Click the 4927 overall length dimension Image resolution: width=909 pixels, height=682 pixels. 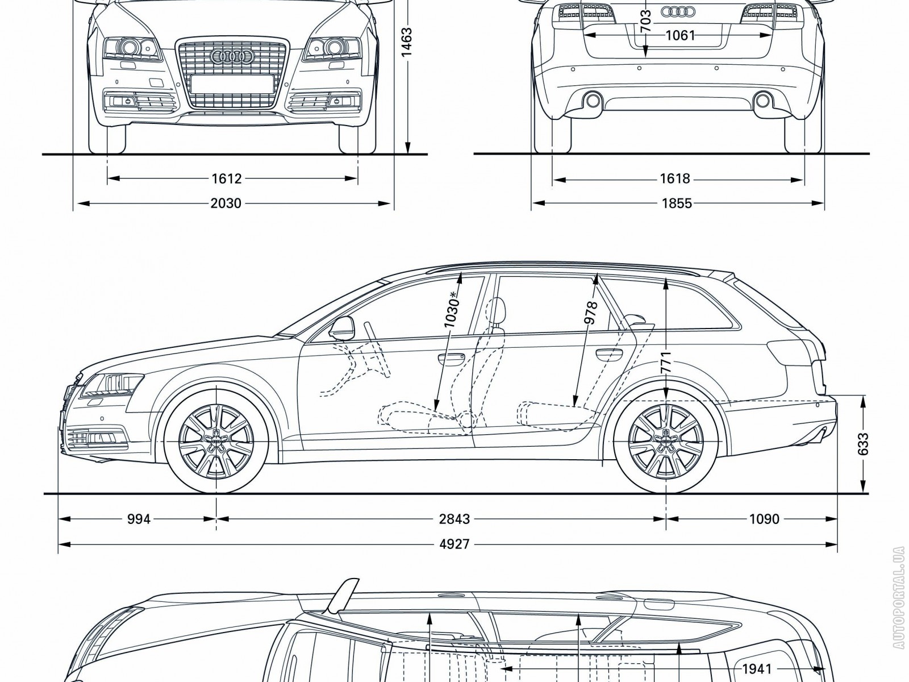[454, 544]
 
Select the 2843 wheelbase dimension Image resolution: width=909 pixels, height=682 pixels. [454, 519]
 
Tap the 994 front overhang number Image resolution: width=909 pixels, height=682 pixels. [139, 519]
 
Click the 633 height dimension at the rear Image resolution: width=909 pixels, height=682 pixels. [864, 444]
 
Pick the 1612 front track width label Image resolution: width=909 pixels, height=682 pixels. [227, 178]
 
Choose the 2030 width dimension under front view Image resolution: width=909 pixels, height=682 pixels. [226, 203]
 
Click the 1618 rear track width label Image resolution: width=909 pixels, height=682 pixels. [674, 178]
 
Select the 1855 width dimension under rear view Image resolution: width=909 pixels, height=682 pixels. [677, 203]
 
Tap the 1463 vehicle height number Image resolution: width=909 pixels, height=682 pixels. [407, 43]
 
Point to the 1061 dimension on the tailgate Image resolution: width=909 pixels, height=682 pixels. [680, 36]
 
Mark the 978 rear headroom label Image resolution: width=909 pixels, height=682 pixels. [591, 313]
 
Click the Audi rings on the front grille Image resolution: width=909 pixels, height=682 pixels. [231, 56]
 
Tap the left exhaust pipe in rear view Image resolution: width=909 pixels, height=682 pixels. [593, 101]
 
